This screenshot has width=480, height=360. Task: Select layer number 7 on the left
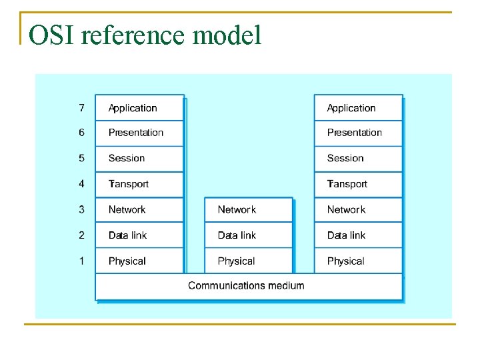[x=81, y=107]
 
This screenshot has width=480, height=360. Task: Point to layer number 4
[x=81, y=184]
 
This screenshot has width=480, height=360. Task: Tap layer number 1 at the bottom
[x=81, y=261]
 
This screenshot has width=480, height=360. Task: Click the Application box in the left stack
[x=139, y=107]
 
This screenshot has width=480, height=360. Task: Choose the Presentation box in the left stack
[x=139, y=133]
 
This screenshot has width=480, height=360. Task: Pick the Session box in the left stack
[x=139, y=159]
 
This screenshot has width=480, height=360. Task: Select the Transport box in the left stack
[x=139, y=184]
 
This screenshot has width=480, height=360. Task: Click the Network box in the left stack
[x=139, y=209]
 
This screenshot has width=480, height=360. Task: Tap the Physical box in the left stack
[x=139, y=261]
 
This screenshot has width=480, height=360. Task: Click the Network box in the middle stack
[x=248, y=209]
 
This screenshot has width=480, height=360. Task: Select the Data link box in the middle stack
[x=248, y=235]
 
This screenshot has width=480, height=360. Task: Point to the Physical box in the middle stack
[x=248, y=261]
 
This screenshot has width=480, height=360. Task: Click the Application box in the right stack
[x=358, y=107]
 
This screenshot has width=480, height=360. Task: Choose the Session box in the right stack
[x=358, y=159]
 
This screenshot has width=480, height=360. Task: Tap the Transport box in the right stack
[x=358, y=184]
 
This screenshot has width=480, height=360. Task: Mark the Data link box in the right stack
[x=358, y=235]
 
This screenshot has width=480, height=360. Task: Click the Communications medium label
[x=246, y=285]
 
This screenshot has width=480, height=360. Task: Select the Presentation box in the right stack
[x=358, y=133]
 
